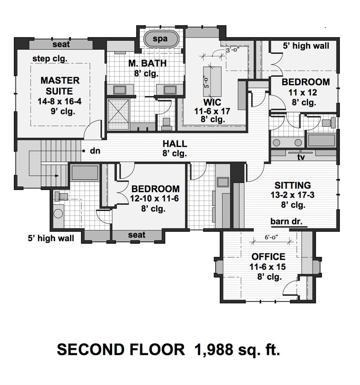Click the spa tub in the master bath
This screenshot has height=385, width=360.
click(x=161, y=39)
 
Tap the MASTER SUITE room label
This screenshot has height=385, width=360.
click(x=60, y=86)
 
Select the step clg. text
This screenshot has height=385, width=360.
click(x=50, y=59)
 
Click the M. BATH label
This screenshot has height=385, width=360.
click(x=147, y=63)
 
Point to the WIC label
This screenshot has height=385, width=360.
click(x=212, y=102)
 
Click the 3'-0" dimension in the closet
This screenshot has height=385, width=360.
click(x=233, y=50)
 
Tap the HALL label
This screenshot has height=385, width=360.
click(x=175, y=143)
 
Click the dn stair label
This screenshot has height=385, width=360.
click(x=95, y=151)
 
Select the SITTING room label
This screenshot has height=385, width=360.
click(x=292, y=185)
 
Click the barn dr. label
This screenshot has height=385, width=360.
click(x=286, y=221)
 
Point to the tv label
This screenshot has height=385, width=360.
click(x=301, y=157)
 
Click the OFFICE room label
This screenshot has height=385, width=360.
click(x=268, y=257)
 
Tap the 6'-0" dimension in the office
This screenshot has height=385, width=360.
click(x=271, y=237)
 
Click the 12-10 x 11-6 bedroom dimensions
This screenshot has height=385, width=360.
click(x=154, y=199)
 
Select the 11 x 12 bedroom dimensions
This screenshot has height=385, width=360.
click(x=302, y=92)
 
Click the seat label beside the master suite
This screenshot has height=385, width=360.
click(x=61, y=44)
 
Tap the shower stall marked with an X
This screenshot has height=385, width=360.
click(x=118, y=114)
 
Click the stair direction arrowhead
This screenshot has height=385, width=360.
click(x=57, y=176)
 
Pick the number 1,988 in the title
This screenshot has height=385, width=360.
click(x=213, y=350)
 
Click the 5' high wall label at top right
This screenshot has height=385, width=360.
click(x=306, y=46)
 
